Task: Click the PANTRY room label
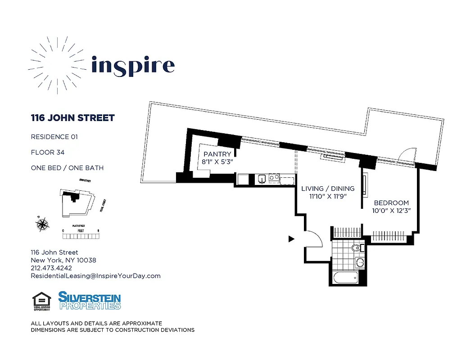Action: click(x=217, y=154)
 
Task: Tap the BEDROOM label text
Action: click(x=391, y=203)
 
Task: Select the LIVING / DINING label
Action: click(x=328, y=189)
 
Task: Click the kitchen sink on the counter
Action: click(x=261, y=179)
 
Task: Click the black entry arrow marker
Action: click(x=291, y=239)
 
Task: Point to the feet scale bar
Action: click(x=81, y=235)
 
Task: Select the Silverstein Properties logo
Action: click(x=90, y=301)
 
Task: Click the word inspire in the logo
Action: click(x=133, y=66)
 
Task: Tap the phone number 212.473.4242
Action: click(x=51, y=268)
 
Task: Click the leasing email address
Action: click(x=95, y=276)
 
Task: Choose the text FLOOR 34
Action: click(x=48, y=153)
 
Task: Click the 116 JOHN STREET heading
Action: click(x=72, y=118)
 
